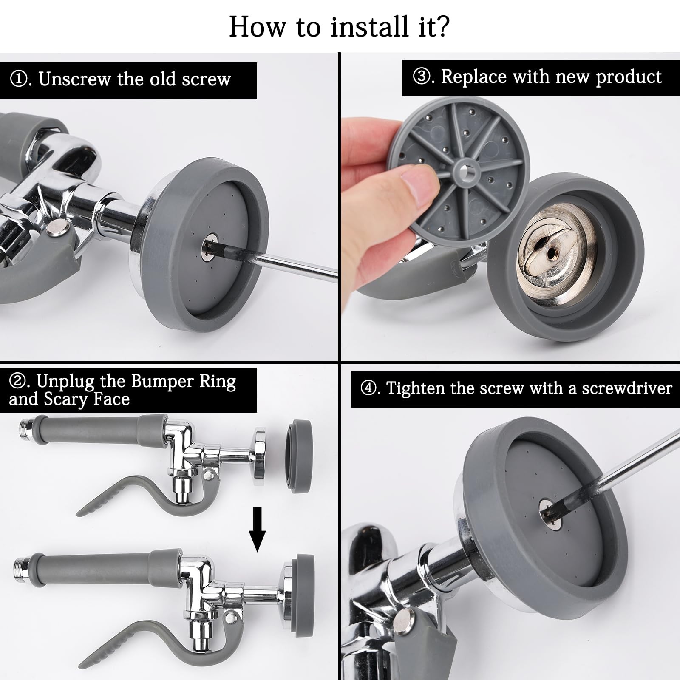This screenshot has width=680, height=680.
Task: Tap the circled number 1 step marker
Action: coord(18,79)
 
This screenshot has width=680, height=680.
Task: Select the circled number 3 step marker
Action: coord(421,77)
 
